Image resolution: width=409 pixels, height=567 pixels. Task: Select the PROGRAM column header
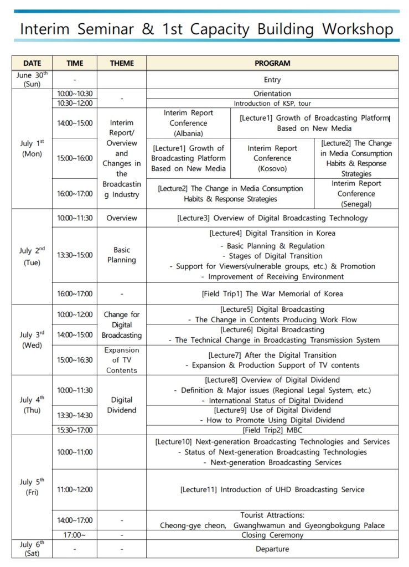[x=272, y=63]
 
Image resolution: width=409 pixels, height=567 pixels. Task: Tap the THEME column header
[x=122, y=63]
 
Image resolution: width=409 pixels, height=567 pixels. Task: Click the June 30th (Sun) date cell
[x=32, y=79]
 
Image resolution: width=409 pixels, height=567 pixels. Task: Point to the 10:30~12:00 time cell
[x=75, y=103]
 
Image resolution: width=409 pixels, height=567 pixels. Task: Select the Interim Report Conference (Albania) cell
[x=188, y=123]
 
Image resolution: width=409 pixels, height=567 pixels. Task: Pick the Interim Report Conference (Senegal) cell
[x=356, y=194]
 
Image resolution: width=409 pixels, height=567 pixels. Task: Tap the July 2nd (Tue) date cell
[x=32, y=256]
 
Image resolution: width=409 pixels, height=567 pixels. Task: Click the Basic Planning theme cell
[x=122, y=255]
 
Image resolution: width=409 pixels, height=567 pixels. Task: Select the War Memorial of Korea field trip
[x=272, y=293]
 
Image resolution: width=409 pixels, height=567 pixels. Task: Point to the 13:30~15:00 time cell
[x=75, y=255]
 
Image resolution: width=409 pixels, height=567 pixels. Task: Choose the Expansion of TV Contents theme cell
[x=122, y=360]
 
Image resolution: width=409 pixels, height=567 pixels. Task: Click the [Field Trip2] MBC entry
[x=272, y=430]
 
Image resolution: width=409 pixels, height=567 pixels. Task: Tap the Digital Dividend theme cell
[x=122, y=405]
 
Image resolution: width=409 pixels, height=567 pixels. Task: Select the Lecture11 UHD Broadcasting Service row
[x=272, y=489]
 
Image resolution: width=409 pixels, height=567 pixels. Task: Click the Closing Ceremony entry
[x=272, y=535]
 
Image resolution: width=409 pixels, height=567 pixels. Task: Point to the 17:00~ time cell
[x=75, y=535]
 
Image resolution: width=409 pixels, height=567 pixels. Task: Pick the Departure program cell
[x=272, y=549]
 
